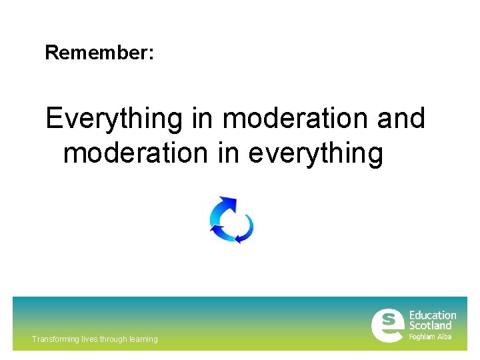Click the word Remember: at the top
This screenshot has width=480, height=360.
(x=99, y=53)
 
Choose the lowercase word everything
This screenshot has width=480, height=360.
(x=316, y=153)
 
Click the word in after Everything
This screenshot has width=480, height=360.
(x=202, y=119)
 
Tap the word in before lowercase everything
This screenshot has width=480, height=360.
(x=229, y=153)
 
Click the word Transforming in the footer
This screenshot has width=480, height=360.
(x=55, y=339)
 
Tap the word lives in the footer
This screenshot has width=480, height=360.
(x=88, y=339)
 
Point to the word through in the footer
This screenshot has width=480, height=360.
(x=114, y=339)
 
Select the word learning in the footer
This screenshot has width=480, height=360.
(x=144, y=339)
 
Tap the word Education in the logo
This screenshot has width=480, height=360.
(x=433, y=315)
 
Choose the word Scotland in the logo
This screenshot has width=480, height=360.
(x=430, y=326)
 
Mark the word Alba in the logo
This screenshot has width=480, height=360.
(x=445, y=337)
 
